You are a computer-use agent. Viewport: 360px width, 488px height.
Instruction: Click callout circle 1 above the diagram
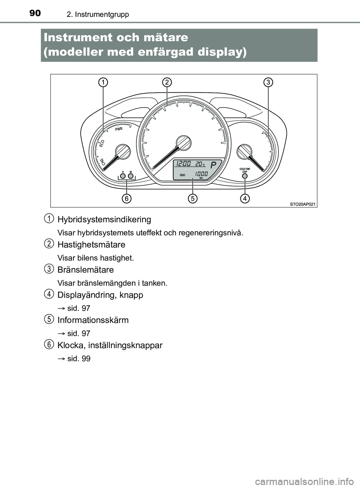tap(103, 82)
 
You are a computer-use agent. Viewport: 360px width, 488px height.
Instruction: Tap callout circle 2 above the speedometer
tap(167, 82)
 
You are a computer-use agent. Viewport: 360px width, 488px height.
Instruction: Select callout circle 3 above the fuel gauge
tap(268, 82)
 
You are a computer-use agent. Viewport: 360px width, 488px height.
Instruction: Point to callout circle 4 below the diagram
tap(244, 198)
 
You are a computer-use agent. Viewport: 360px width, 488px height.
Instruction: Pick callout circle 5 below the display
tap(192, 198)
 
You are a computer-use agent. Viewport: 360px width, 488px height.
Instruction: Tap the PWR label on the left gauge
tap(119, 129)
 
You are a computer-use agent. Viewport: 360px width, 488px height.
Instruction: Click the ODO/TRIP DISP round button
tap(244, 176)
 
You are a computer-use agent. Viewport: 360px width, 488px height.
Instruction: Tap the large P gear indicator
tap(213, 165)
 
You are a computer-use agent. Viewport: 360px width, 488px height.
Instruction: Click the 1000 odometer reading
tap(201, 174)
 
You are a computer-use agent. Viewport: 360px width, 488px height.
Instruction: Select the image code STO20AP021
tap(303, 204)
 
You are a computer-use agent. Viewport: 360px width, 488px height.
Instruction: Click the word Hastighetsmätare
tap(91, 245)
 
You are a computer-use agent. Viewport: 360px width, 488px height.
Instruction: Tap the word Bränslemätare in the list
tap(85, 270)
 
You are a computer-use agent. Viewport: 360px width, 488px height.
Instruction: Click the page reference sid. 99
tap(79, 359)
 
